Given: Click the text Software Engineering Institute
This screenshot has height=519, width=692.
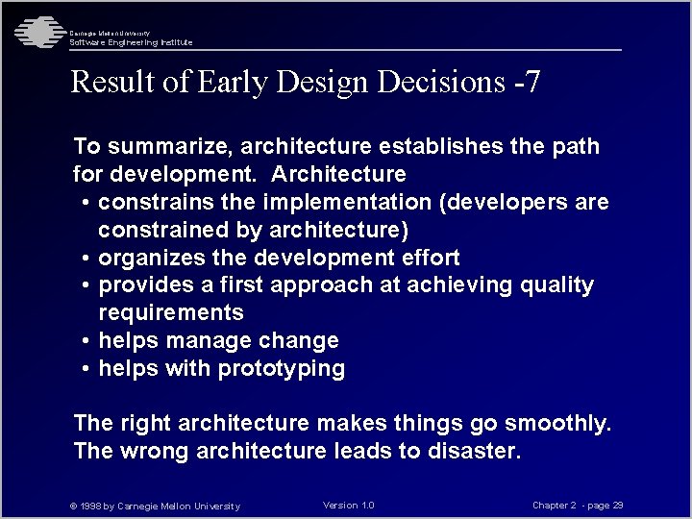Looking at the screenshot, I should click(131, 42).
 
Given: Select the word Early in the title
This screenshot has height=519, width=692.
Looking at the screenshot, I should click(233, 83).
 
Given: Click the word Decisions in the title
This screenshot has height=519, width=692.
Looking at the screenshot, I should click(437, 83).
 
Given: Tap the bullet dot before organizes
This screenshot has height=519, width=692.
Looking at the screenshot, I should click(86, 259).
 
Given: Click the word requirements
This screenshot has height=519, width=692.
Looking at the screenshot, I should click(171, 313).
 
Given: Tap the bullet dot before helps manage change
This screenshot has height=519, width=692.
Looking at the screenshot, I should click(86, 341).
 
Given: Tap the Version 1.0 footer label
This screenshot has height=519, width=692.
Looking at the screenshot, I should click(349, 506).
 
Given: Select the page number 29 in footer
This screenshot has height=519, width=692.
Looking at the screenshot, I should click(618, 506).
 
